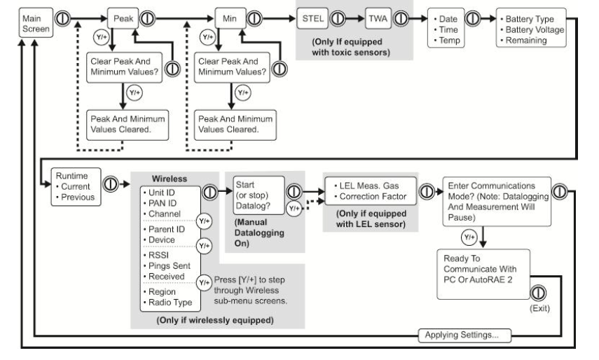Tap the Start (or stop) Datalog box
point(256,193)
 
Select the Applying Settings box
point(464,336)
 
